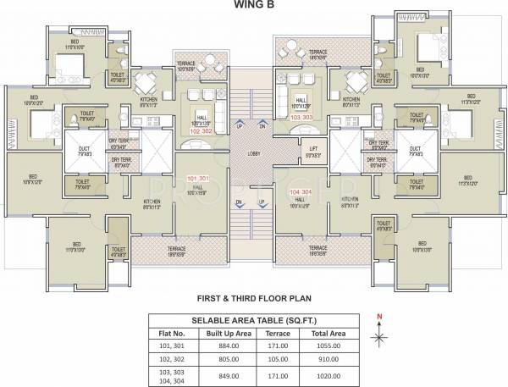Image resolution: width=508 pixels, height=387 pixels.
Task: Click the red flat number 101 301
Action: coord(196,179)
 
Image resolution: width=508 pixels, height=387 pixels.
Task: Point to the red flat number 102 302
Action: coord(201,131)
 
